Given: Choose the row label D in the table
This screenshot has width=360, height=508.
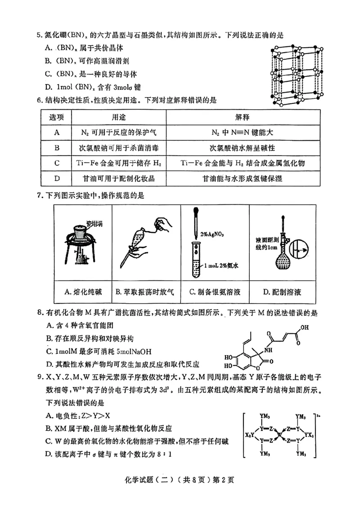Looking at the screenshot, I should click(x=57, y=178).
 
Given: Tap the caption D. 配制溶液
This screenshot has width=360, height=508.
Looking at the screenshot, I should click(x=282, y=292).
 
